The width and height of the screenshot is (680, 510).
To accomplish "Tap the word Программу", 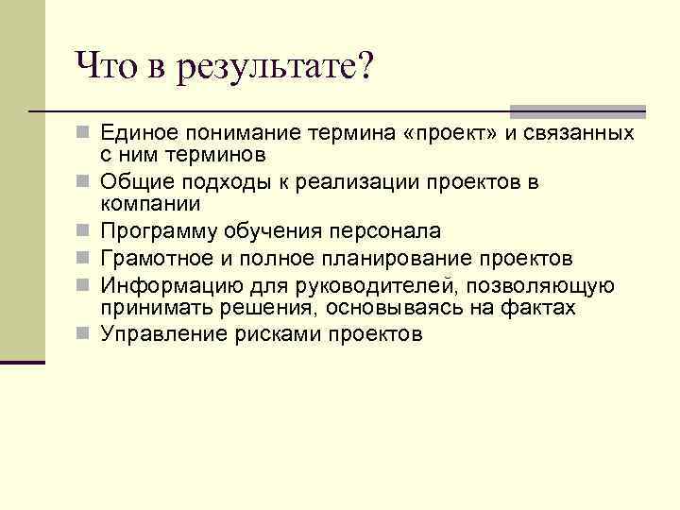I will (161, 232).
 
